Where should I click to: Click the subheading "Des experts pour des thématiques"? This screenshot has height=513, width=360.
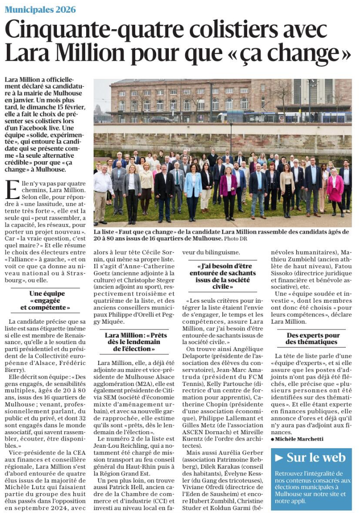click(x=313, y=339)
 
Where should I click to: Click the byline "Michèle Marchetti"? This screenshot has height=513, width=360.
click(x=301, y=439)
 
